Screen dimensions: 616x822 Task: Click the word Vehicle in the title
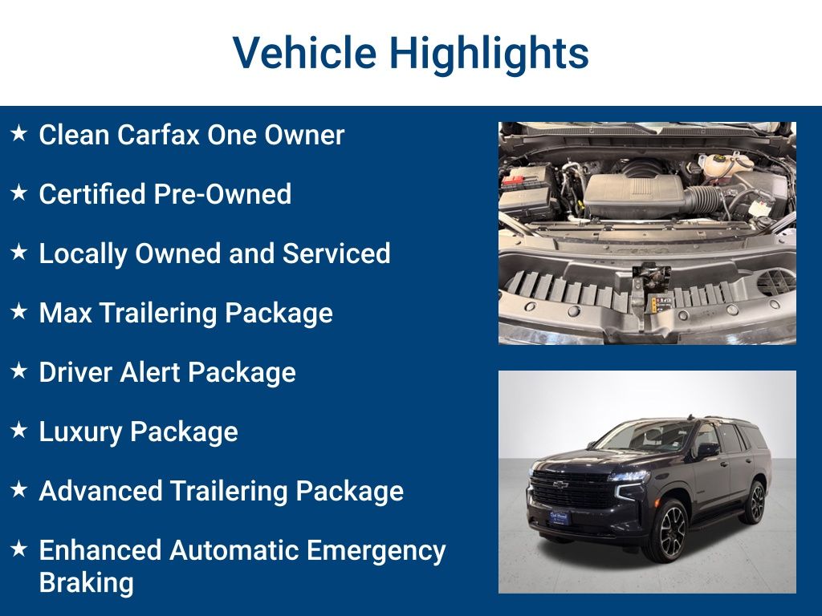(304, 53)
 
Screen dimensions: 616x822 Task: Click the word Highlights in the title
(489, 53)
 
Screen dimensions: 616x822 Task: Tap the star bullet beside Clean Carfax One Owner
(19, 133)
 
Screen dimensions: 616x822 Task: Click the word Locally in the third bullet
(83, 253)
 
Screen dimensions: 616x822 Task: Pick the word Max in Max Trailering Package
(65, 313)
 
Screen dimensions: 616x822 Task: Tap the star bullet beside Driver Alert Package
(19, 371)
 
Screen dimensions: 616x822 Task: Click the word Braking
(86, 582)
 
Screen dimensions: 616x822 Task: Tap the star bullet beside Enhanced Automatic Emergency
(19, 549)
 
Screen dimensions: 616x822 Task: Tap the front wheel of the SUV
(669, 530)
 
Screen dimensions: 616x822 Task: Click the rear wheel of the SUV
(755, 502)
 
